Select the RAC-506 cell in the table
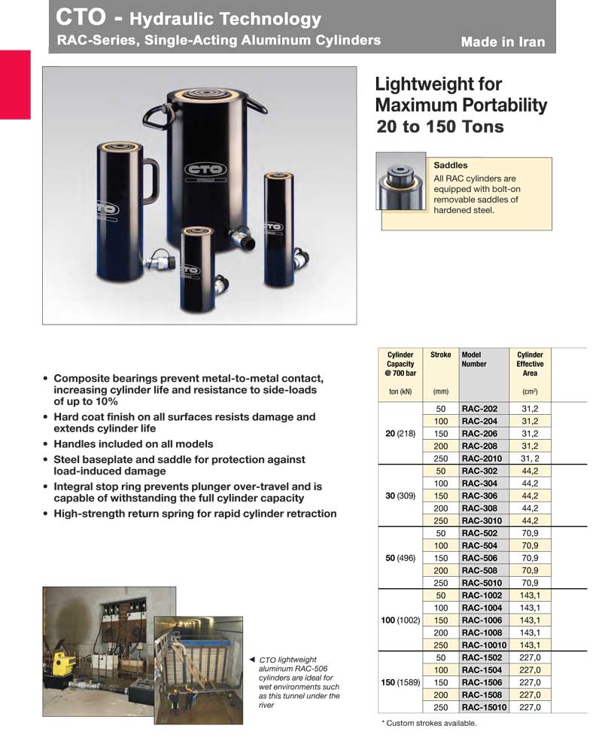(479, 558)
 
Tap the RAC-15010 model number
(484, 707)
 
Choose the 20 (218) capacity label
(400, 434)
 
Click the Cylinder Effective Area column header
(530, 364)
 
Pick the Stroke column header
(440, 355)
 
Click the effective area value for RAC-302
(530, 471)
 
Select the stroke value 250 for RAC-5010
(441, 583)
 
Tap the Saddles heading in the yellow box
(451, 165)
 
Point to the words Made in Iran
(503, 42)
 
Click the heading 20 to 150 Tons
(440, 127)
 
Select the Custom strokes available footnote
(429, 723)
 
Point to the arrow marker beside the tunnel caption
(252, 660)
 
